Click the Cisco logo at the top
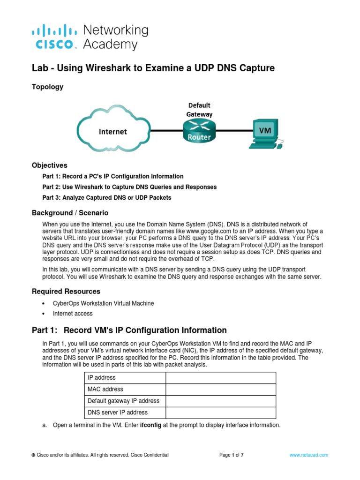[x=54, y=37]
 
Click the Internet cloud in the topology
[x=112, y=131]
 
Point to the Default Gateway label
[x=200, y=109]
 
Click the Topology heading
[x=47, y=87]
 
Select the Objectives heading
[x=50, y=165]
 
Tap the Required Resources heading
[x=66, y=291]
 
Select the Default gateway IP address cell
[x=124, y=401]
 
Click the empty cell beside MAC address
[x=220, y=389]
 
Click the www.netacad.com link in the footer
[x=309, y=455]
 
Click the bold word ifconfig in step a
[x=152, y=426]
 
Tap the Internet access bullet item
[x=73, y=314]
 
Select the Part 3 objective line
[x=107, y=198]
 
